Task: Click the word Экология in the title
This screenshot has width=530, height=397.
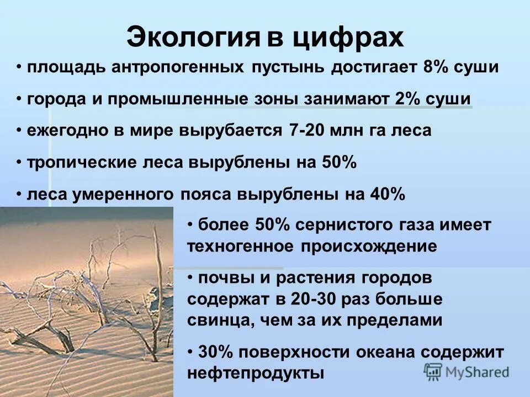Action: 193,37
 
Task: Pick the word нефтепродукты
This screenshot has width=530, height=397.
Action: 255,372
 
